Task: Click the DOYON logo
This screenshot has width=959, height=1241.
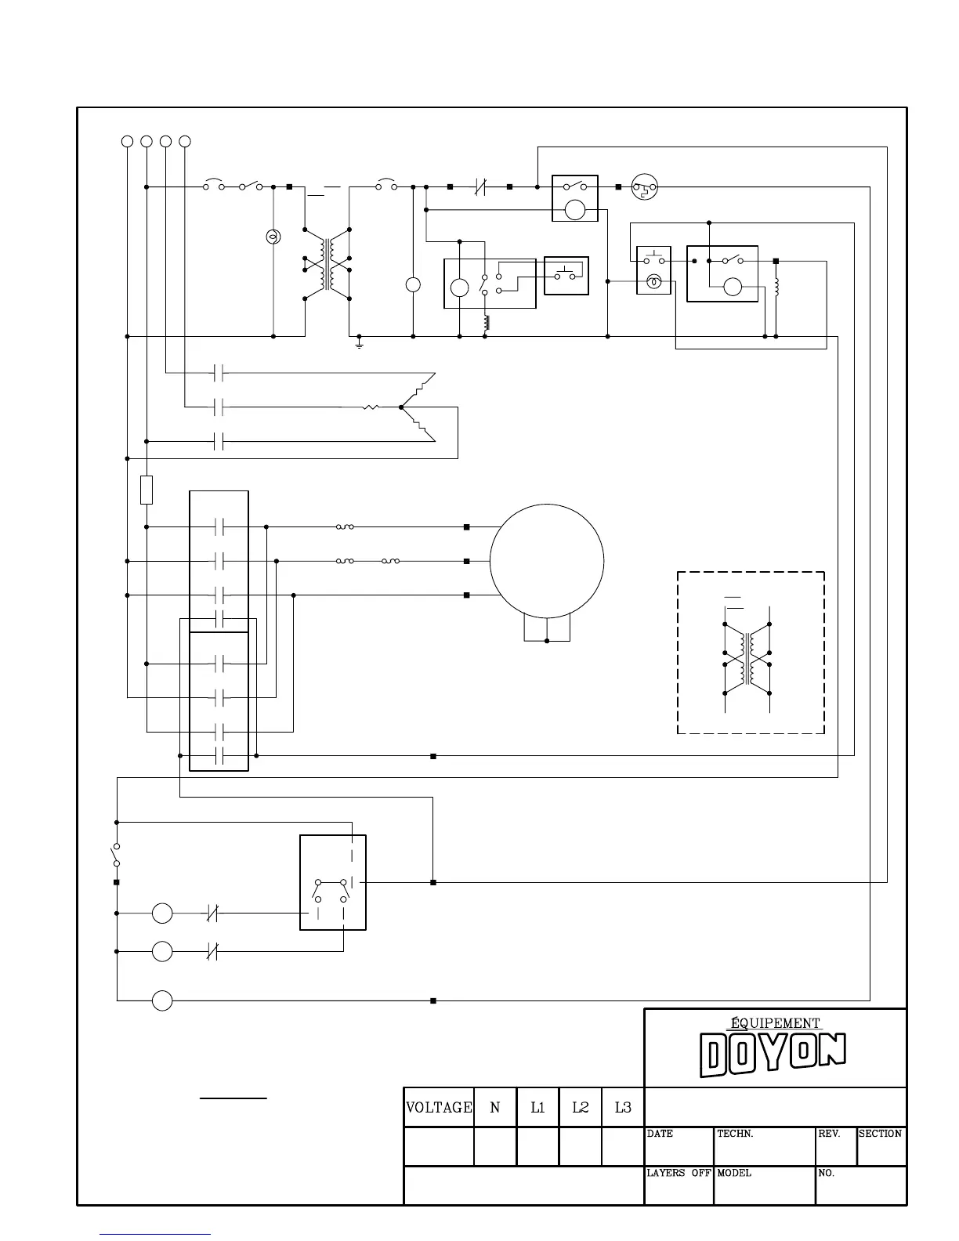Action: [x=773, y=1055]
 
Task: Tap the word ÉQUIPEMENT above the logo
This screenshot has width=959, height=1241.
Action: [x=775, y=1022]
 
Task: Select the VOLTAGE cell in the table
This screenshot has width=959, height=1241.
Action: [x=439, y=1107]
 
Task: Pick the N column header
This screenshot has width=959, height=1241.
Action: [x=495, y=1107]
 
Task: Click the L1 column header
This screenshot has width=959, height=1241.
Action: [x=537, y=1107]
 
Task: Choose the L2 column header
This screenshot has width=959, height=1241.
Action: [x=581, y=1107]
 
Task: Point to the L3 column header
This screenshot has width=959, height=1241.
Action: [x=623, y=1107]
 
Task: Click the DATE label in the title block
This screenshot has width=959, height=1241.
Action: [x=660, y=1134]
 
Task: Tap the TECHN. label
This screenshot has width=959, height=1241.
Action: [x=735, y=1134]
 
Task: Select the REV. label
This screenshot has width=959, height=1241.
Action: [x=829, y=1134]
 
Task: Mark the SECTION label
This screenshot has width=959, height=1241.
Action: [x=881, y=1134]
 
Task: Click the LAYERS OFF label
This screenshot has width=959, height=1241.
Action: [x=679, y=1173]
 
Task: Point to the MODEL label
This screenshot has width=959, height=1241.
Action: [x=734, y=1173]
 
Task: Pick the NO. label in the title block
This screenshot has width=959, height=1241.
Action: [x=827, y=1173]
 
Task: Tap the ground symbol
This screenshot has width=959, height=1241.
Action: [x=359, y=343]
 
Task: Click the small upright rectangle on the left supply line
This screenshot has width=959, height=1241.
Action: [x=147, y=490]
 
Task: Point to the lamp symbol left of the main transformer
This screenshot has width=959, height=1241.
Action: [x=273, y=237]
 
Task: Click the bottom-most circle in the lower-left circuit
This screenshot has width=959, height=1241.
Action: [x=162, y=1000]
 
